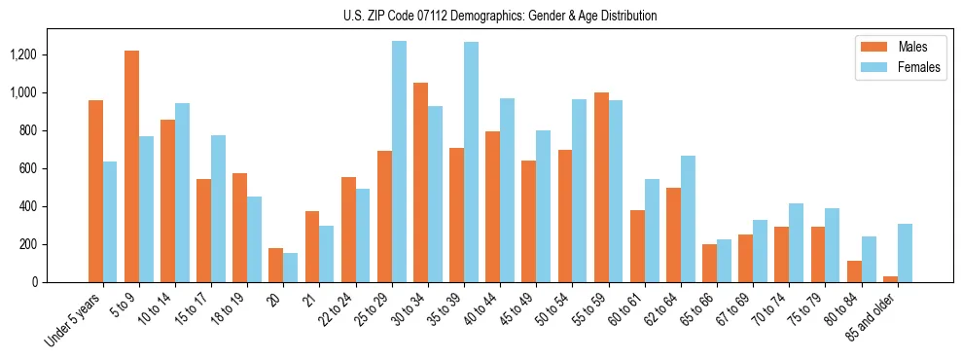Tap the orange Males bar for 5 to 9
(131, 166)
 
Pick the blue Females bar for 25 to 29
(399, 162)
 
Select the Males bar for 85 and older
(890, 279)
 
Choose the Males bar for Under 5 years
(95, 191)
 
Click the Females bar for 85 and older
(905, 253)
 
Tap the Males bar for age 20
(276, 265)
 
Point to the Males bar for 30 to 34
(420, 182)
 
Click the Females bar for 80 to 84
(869, 259)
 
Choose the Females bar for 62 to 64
(688, 219)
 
